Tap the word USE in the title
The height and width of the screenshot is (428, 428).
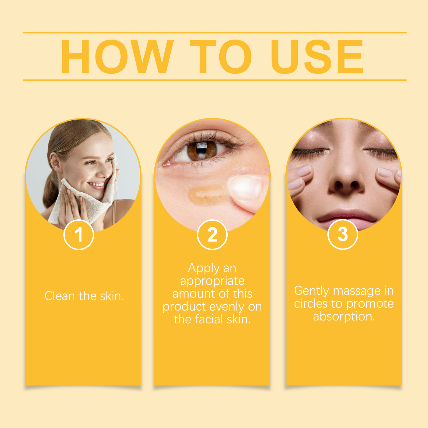point(317,57)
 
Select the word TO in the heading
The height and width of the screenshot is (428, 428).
point(221,57)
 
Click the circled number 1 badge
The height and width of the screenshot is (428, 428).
point(79,235)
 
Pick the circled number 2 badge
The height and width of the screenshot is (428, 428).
point(212,235)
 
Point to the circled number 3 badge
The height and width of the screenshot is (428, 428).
point(343,234)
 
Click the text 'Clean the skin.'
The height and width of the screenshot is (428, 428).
point(84,296)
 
